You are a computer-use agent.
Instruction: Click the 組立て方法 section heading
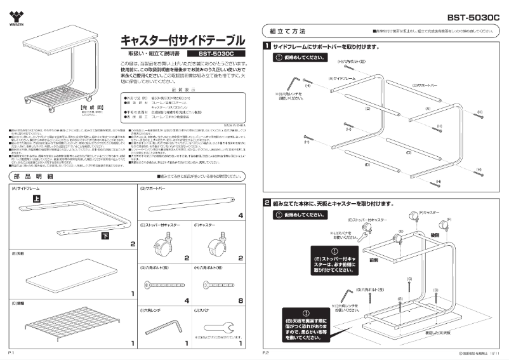[x=288, y=31]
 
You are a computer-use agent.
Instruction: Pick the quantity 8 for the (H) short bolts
[x=240, y=300]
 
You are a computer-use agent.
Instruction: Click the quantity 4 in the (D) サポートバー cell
[x=240, y=215]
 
